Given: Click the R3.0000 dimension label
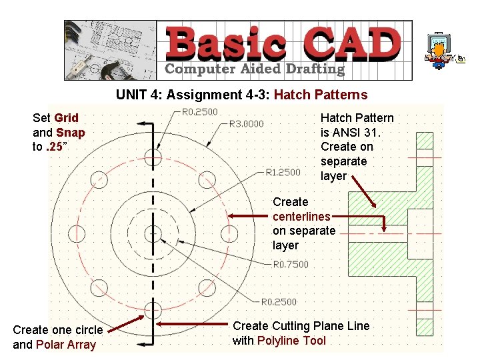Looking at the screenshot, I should [x=246, y=124].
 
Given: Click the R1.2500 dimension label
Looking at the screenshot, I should [x=283, y=173].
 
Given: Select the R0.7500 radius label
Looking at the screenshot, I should [x=291, y=265].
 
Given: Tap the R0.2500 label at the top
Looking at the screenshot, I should [x=200, y=112].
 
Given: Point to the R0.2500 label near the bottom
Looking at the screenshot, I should [x=279, y=302].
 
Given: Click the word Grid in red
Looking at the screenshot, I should [x=66, y=118].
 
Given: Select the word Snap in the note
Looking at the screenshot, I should [x=70, y=133].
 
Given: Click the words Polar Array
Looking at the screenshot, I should [x=66, y=345].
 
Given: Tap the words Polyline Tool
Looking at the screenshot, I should [x=291, y=341].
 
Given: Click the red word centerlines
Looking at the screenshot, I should [x=301, y=217].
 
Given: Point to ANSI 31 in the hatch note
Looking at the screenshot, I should [x=354, y=133].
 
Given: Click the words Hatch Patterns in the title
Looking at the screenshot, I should [x=321, y=95].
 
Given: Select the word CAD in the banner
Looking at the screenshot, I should [x=352, y=43].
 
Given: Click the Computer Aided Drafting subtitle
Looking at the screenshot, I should [x=254, y=69].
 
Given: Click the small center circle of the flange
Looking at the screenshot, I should [x=153, y=233].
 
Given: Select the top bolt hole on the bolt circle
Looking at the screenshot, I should [x=153, y=157].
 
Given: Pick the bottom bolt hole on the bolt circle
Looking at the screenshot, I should [x=153, y=309].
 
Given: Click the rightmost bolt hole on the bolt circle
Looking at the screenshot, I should [x=229, y=233].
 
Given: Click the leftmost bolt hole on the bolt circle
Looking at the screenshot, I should [x=77, y=233].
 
